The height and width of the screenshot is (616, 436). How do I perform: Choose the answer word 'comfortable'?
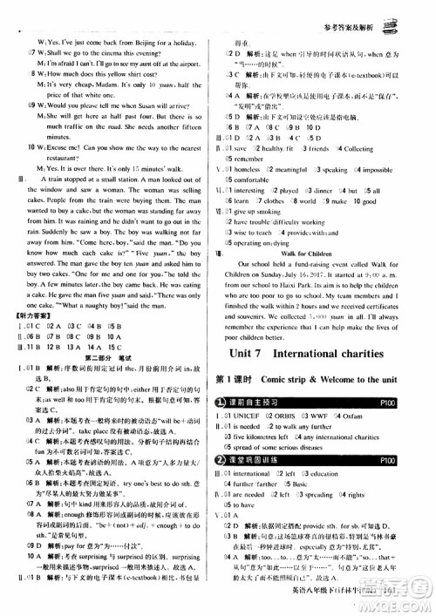[262, 180]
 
